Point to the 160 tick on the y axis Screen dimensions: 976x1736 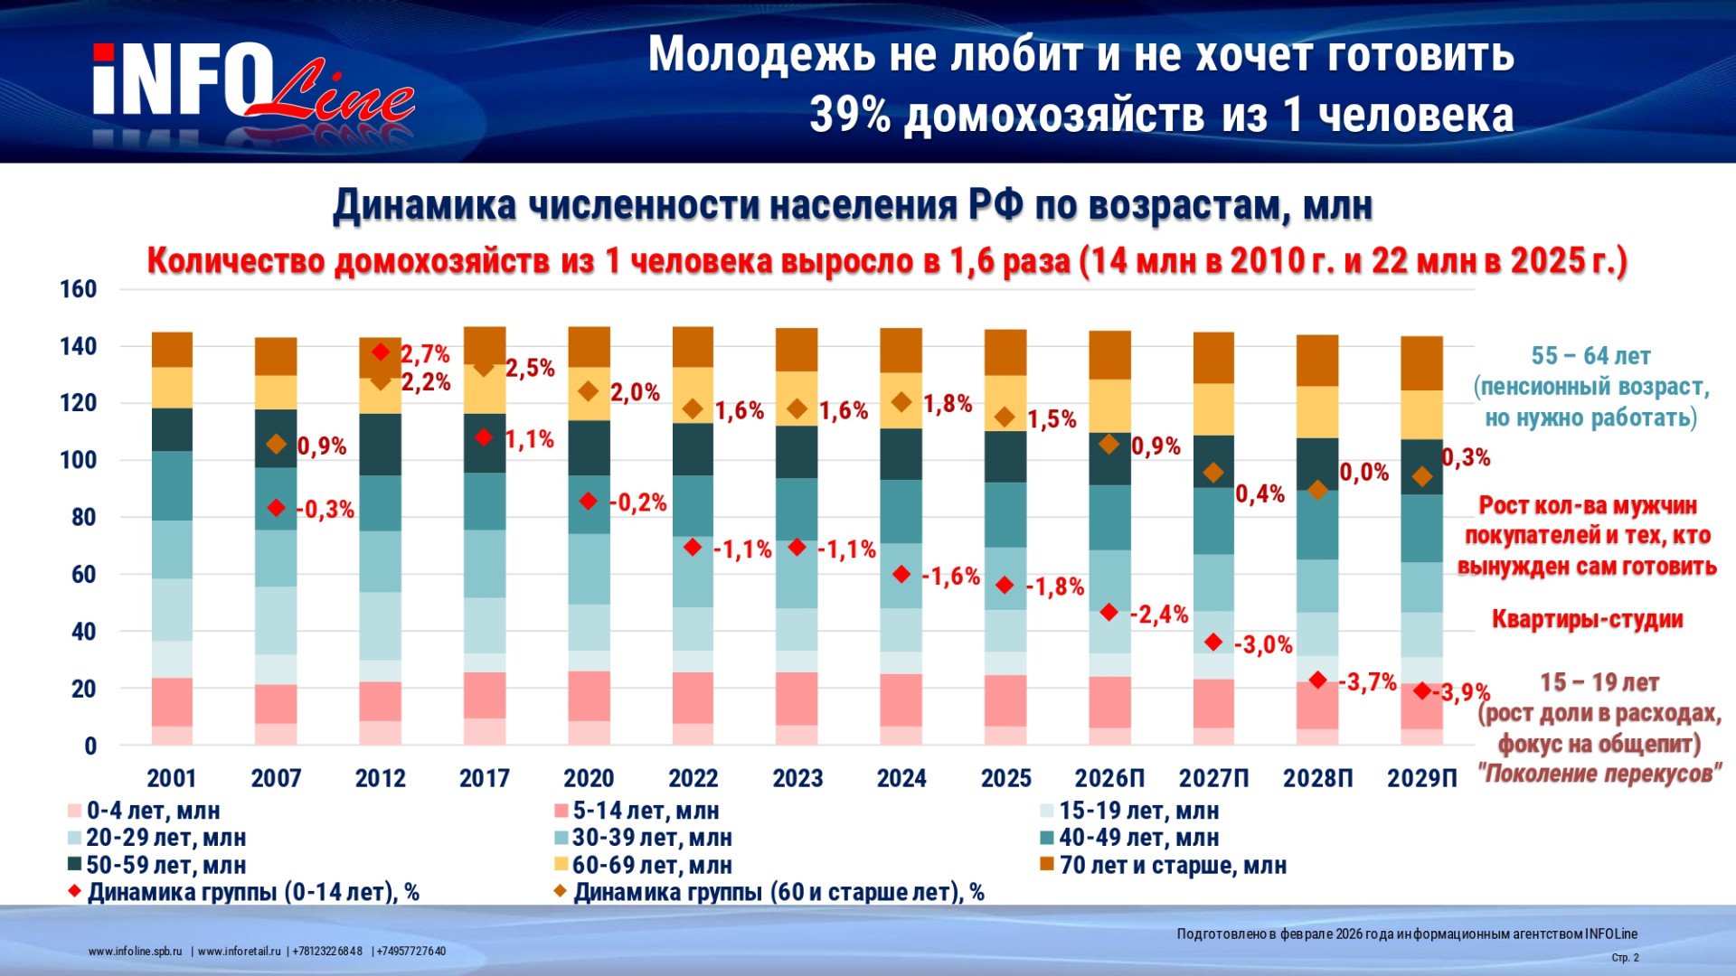point(78,289)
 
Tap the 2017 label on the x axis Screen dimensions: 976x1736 point(485,778)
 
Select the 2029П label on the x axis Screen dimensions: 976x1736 point(1422,778)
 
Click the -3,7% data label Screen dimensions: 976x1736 point(1368,682)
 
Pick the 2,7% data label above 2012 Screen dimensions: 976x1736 point(425,354)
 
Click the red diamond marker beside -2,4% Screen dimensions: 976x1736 point(1109,613)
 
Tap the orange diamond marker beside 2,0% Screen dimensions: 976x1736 point(589,391)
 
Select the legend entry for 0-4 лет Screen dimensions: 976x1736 point(145,811)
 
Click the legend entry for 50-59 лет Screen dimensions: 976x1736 point(157,865)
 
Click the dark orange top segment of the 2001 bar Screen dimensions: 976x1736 point(172,350)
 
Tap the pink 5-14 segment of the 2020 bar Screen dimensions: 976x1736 point(589,696)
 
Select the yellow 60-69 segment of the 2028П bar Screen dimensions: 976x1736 point(1317,412)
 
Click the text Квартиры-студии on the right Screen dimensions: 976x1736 point(1587,619)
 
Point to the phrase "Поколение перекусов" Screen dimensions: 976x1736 point(1599,774)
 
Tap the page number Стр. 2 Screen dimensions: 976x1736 point(1625,958)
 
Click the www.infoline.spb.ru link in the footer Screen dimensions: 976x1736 point(136,952)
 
